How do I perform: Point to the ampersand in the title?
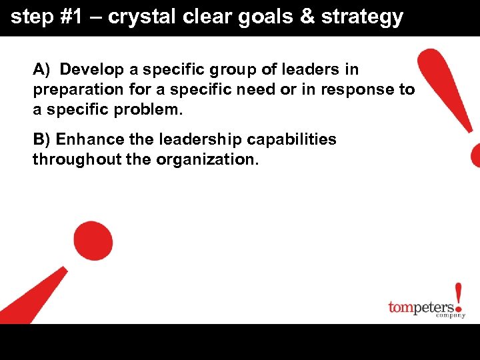(x=307, y=17)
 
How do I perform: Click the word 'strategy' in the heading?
(x=363, y=17)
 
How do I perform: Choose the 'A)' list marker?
(x=42, y=69)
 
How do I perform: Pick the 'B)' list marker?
(x=42, y=139)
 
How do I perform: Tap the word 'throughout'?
(x=73, y=159)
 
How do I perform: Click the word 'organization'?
(x=207, y=160)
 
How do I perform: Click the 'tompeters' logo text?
(x=422, y=307)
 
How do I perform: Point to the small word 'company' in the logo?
(x=451, y=315)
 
